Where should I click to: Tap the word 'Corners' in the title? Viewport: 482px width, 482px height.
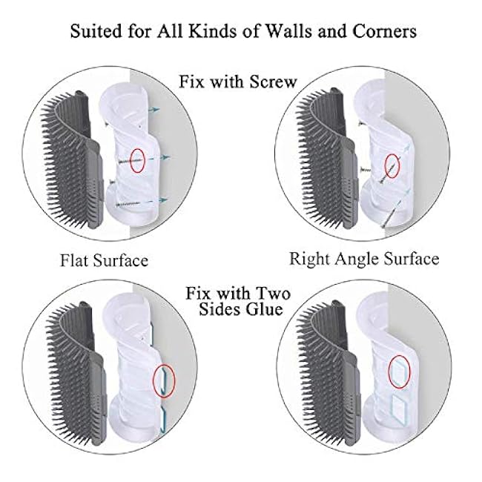(381, 33)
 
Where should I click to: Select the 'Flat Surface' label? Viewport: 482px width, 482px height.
(104, 260)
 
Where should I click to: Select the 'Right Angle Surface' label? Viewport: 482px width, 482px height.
(364, 259)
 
